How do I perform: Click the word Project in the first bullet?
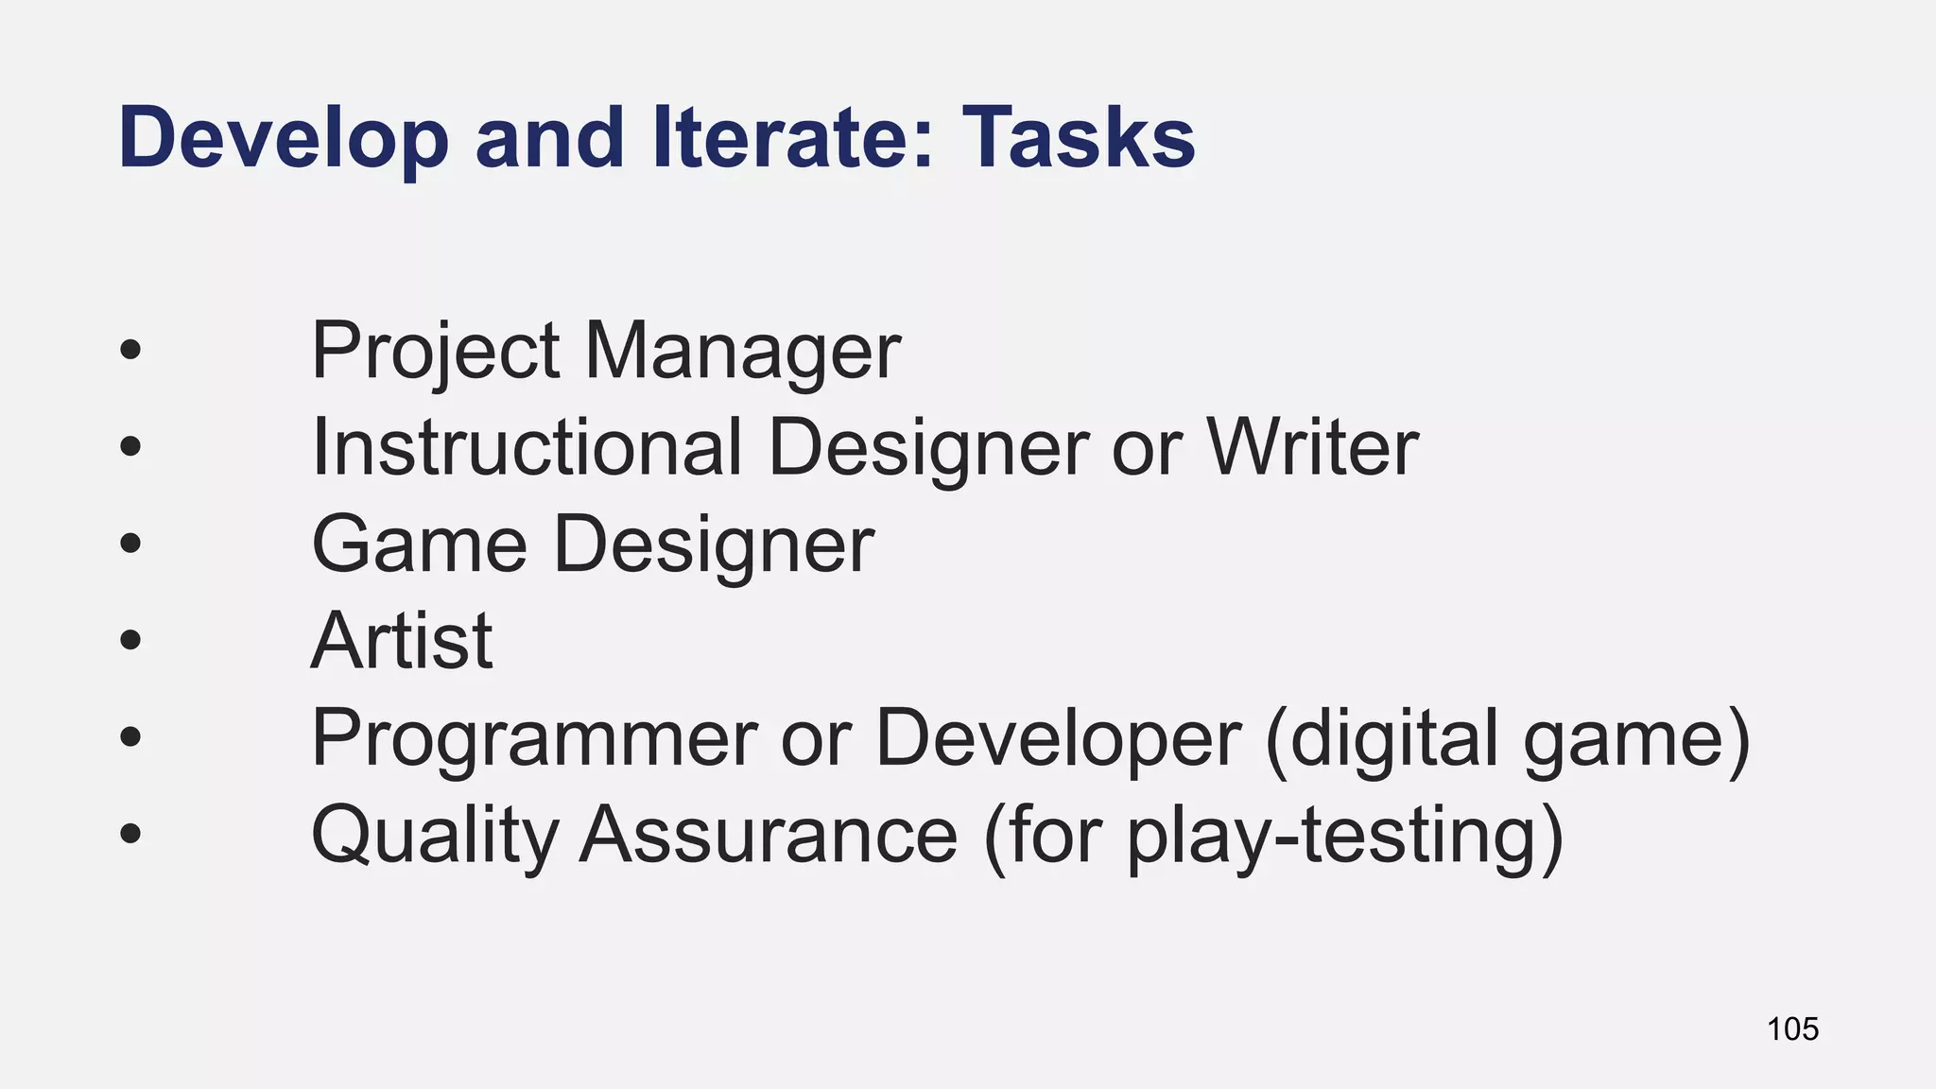click(435, 352)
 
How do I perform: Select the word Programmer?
click(534, 738)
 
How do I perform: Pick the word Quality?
click(435, 836)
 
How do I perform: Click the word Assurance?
click(768, 836)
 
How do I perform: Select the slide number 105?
click(1792, 1028)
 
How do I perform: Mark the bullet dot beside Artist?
click(130, 641)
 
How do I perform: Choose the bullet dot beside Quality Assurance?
click(130, 835)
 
